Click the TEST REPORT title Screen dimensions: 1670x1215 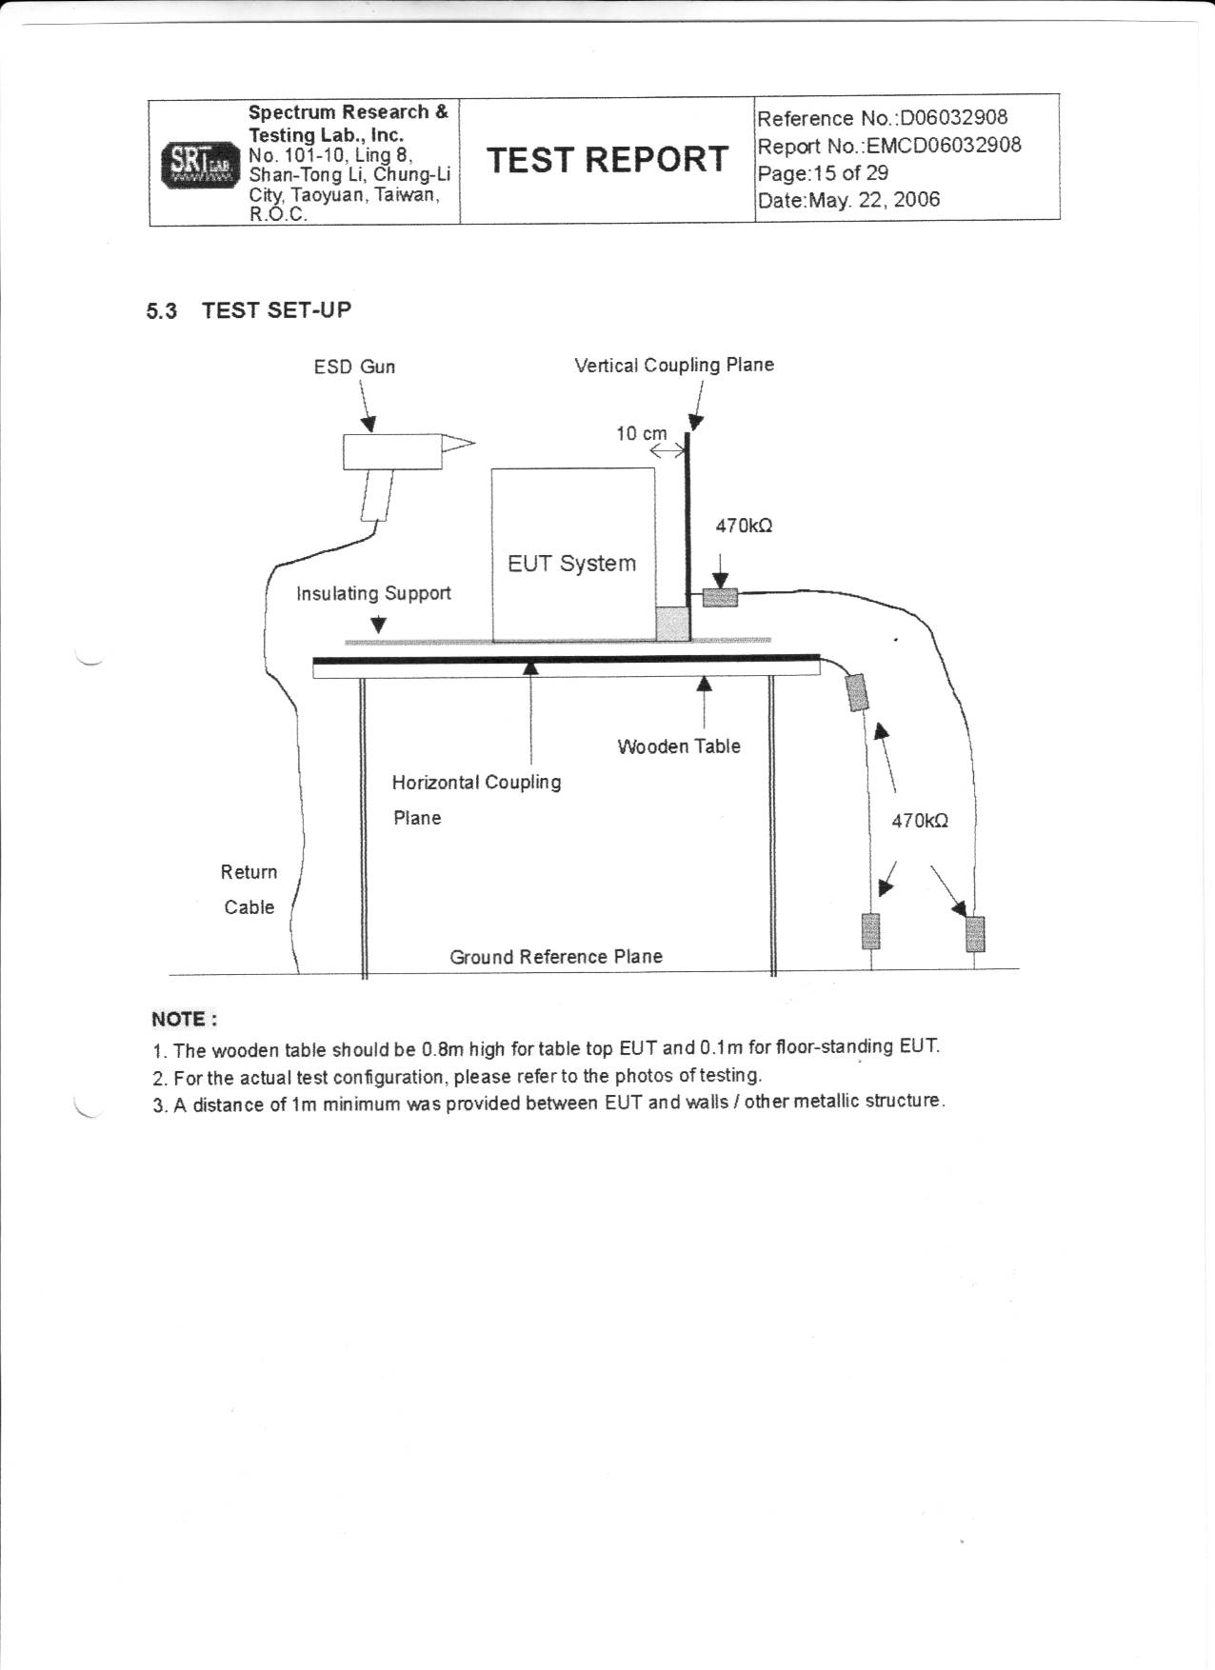coord(607,160)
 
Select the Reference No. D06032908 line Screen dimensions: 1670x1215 coord(882,118)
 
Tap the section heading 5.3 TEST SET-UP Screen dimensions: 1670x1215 coord(249,310)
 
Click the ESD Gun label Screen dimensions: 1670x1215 coord(354,367)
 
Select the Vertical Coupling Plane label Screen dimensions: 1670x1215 coord(674,365)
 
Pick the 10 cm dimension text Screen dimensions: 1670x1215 coord(642,434)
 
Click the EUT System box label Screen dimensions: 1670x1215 coord(571,564)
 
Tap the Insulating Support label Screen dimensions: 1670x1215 coord(373,594)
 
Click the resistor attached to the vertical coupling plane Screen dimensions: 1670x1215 coord(720,597)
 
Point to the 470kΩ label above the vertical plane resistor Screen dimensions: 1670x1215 coord(744,526)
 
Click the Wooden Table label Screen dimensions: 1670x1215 coord(679,746)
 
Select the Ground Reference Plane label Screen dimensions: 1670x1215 coord(556,957)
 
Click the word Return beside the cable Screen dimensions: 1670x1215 coord(249,872)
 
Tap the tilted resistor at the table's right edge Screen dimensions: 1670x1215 coord(857,692)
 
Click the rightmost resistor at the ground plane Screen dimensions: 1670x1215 coord(975,933)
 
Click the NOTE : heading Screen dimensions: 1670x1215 coord(185,1020)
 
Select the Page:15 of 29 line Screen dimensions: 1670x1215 coord(823,173)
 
